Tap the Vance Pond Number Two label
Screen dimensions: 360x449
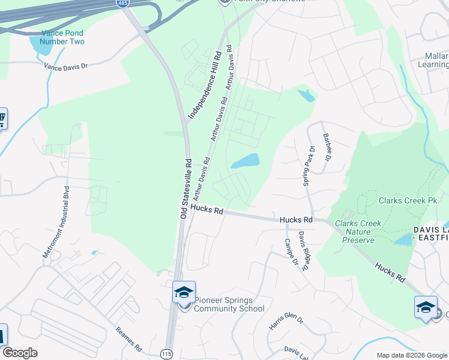[62, 37]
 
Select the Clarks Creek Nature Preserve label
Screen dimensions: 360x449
[358, 232]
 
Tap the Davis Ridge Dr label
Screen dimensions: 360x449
[304, 251]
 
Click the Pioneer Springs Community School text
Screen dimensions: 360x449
[229, 304]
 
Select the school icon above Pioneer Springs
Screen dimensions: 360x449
[184, 292]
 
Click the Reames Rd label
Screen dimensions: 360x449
[129, 340]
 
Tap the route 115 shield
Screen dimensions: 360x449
[166, 355]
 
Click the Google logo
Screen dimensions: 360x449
[20, 353]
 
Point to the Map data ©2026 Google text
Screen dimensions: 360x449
[411, 355]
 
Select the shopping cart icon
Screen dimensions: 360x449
[2, 119]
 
